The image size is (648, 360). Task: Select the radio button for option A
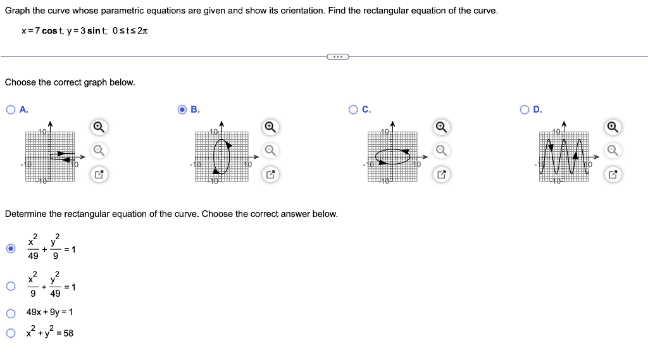(x=11, y=109)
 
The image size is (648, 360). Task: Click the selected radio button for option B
(x=182, y=109)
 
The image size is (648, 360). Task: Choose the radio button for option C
(x=353, y=109)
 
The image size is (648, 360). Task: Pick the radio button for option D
(x=524, y=109)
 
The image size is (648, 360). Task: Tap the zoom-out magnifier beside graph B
(x=270, y=150)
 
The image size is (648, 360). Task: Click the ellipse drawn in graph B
(x=221, y=157)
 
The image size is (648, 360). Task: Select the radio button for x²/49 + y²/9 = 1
(x=11, y=249)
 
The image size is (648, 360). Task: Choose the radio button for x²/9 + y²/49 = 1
(x=11, y=287)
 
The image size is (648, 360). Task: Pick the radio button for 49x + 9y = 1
(x=11, y=313)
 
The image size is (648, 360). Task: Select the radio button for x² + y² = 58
(x=11, y=333)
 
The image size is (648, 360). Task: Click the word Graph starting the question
(x=17, y=11)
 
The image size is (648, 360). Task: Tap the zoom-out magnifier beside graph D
(x=611, y=150)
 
